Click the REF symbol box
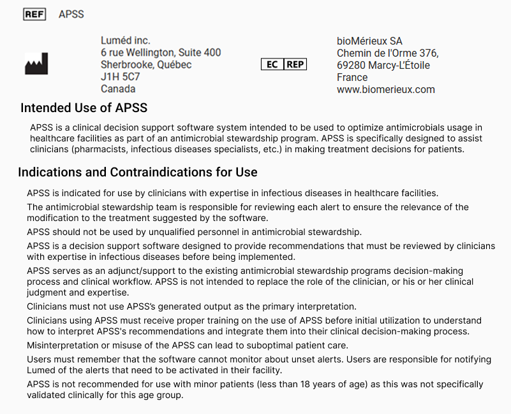coord(34,14)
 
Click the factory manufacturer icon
coord(36,64)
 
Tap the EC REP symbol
coord(284,64)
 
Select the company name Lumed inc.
coord(126,40)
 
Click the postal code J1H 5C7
coord(121,76)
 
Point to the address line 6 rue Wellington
coord(161,52)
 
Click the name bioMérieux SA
coord(369,41)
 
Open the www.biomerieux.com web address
coord(385,89)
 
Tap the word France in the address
coord(352,77)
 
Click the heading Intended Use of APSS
coord(84,108)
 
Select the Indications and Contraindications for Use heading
coord(138,172)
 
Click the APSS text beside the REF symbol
coord(71,14)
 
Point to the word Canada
coord(118,89)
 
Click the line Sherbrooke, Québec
coord(146,64)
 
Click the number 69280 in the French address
coord(351,65)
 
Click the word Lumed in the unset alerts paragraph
coord(41,370)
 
